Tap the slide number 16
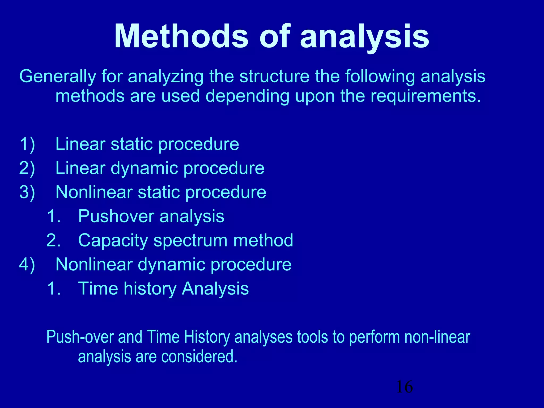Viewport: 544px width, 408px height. pyautogui.click(x=405, y=387)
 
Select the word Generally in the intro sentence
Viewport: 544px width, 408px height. pyautogui.click(x=57, y=77)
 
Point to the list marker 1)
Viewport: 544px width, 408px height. pyautogui.click(x=27, y=144)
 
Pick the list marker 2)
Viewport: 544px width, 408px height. pyautogui.click(x=27, y=168)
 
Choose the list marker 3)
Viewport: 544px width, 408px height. pyautogui.click(x=27, y=192)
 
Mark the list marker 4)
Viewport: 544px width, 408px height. pyautogui.click(x=27, y=265)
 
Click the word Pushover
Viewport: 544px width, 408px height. pyautogui.click(x=116, y=216)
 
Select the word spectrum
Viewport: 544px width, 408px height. pyautogui.click(x=190, y=241)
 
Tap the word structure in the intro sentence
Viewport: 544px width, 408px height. pyautogui.click(x=274, y=77)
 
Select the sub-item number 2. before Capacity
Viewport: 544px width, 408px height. pyautogui.click(x=53, y=240)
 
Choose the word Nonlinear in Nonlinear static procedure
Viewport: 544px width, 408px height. pyautogui.click(x=94, y=192)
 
